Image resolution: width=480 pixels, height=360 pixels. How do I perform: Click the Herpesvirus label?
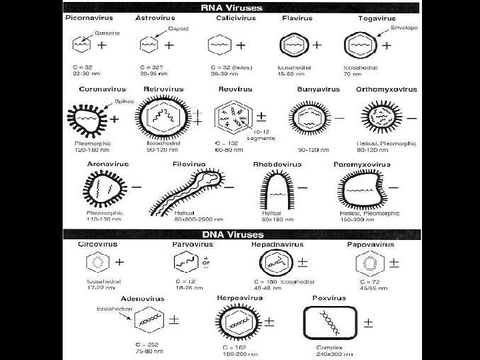coord(241,298)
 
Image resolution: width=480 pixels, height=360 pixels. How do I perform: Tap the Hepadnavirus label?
coord(275,245)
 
